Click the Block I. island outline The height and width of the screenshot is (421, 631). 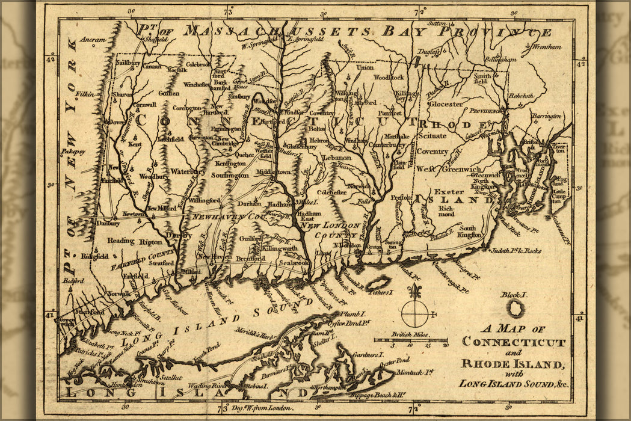coord(516,309)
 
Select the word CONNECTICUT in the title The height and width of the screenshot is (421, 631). coord(514,343)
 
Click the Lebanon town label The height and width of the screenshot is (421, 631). coord(341,157)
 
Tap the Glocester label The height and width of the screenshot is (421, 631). coord(446,103)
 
